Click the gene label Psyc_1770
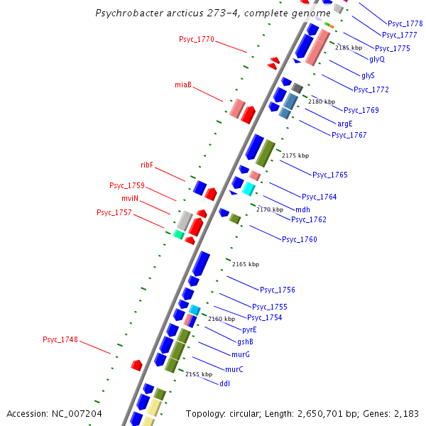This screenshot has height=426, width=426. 196,40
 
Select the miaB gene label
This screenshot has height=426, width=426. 183,85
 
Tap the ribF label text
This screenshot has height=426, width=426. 147,165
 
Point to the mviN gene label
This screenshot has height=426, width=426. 129,198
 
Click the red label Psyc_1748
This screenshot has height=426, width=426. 60,339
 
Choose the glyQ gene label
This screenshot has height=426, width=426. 377,59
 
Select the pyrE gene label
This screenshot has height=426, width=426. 249,329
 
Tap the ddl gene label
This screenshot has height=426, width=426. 224,383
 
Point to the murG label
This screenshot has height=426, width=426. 241,354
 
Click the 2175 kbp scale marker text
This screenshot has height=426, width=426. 295,155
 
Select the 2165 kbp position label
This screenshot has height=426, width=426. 246,264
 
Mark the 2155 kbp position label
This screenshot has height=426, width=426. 199,374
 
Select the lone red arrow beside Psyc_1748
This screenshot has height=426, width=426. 136,365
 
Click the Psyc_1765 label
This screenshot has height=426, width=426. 330,175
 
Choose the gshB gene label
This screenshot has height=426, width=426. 245,342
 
